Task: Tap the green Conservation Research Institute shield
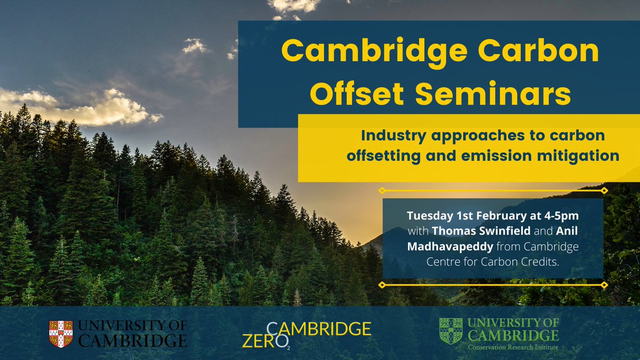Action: (450, 331)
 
